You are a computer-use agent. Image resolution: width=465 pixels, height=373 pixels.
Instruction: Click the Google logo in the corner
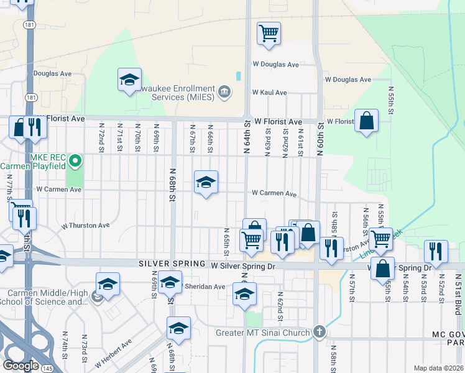20,366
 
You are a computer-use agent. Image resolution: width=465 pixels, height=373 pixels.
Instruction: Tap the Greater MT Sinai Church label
262,333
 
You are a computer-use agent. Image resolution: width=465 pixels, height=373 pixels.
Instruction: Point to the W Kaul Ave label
269,93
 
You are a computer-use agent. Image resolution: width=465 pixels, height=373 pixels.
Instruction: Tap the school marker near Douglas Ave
130,80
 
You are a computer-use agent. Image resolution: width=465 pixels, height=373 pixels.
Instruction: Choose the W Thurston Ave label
85,226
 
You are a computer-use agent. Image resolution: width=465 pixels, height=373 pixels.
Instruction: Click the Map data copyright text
438,368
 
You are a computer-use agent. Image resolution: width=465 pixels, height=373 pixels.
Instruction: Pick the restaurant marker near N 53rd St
436,251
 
